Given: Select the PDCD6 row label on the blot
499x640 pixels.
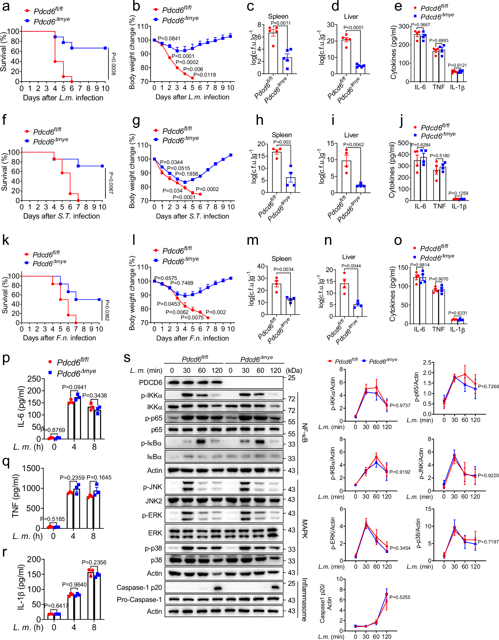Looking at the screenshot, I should click(150, 382).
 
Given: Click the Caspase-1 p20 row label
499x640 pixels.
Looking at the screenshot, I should click(139, 588).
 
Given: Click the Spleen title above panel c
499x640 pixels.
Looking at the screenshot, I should click(278, 16).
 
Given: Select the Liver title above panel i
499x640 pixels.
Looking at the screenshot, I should click(351, 135).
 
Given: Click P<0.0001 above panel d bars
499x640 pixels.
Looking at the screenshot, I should click(354, 27).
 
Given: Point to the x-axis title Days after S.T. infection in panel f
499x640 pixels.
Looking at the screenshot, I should click(62, 216).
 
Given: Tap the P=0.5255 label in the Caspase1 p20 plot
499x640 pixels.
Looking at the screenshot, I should click(400, 597).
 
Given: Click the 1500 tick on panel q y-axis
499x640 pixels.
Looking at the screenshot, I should click(31, 468).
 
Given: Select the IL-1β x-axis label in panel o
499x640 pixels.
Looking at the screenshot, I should click(457, 329).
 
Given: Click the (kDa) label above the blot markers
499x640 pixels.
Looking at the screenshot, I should click(294, 370).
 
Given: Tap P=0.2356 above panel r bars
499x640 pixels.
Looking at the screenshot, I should click(94, 562).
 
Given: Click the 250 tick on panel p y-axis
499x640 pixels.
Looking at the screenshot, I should click(34, 379).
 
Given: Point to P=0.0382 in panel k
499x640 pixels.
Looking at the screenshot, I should click(107, 310).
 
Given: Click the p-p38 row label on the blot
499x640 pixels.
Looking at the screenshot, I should click(152, 548).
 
